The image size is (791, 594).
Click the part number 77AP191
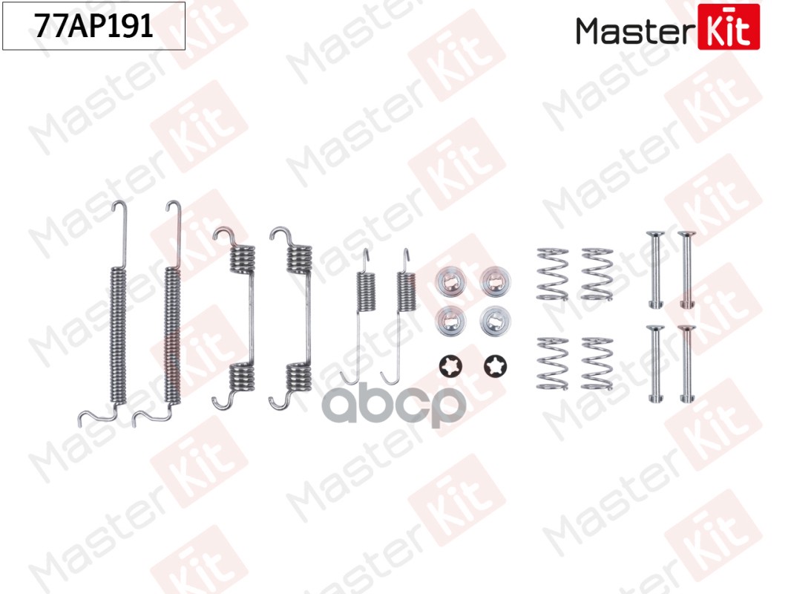click(x=93, y=26)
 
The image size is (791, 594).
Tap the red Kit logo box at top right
click(x=729, y=27)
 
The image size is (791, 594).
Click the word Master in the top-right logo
click(x=635, y=31)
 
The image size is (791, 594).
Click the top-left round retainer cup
click(x=450, y=282)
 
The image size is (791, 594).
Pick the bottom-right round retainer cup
click(x=496, y=321)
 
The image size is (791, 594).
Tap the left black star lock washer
click(x=450, y=366)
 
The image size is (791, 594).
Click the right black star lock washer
click(x=496, y=366)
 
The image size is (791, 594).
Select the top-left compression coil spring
click(x=552, y=274)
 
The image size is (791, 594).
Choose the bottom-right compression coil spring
click(x=597, y=364)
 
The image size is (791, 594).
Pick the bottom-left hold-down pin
click(x=655, y=364)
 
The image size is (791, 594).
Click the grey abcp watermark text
click(x=393, y=404)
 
